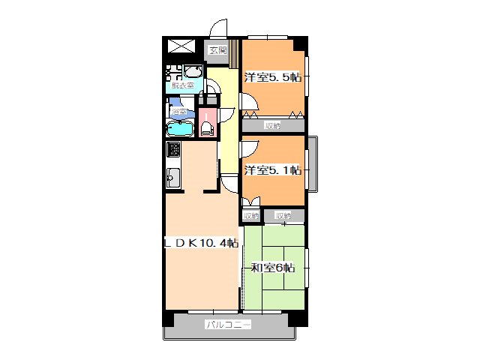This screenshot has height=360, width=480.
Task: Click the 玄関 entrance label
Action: click(217, 51)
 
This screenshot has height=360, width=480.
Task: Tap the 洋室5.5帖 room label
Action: click(272, 76)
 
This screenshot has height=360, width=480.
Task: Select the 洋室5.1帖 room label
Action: click(272, 170)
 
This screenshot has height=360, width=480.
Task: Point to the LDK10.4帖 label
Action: click(202, 243)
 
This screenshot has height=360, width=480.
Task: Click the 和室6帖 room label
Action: click(272, 267)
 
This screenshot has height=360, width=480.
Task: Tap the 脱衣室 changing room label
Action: click(182, 85)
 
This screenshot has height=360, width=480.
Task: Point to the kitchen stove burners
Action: click(172, 149)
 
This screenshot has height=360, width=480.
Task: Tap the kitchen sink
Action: click(172, 178)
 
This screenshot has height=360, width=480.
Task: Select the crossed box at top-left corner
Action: click(182, 46)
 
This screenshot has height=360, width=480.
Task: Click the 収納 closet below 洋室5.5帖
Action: click(272, 125)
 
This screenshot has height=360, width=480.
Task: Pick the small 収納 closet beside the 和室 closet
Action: click(250, 216)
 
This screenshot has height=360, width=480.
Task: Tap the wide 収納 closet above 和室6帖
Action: click(283, 216)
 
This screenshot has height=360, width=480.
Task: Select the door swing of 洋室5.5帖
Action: click(248, 106)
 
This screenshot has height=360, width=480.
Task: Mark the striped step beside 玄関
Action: click(235, 52)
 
